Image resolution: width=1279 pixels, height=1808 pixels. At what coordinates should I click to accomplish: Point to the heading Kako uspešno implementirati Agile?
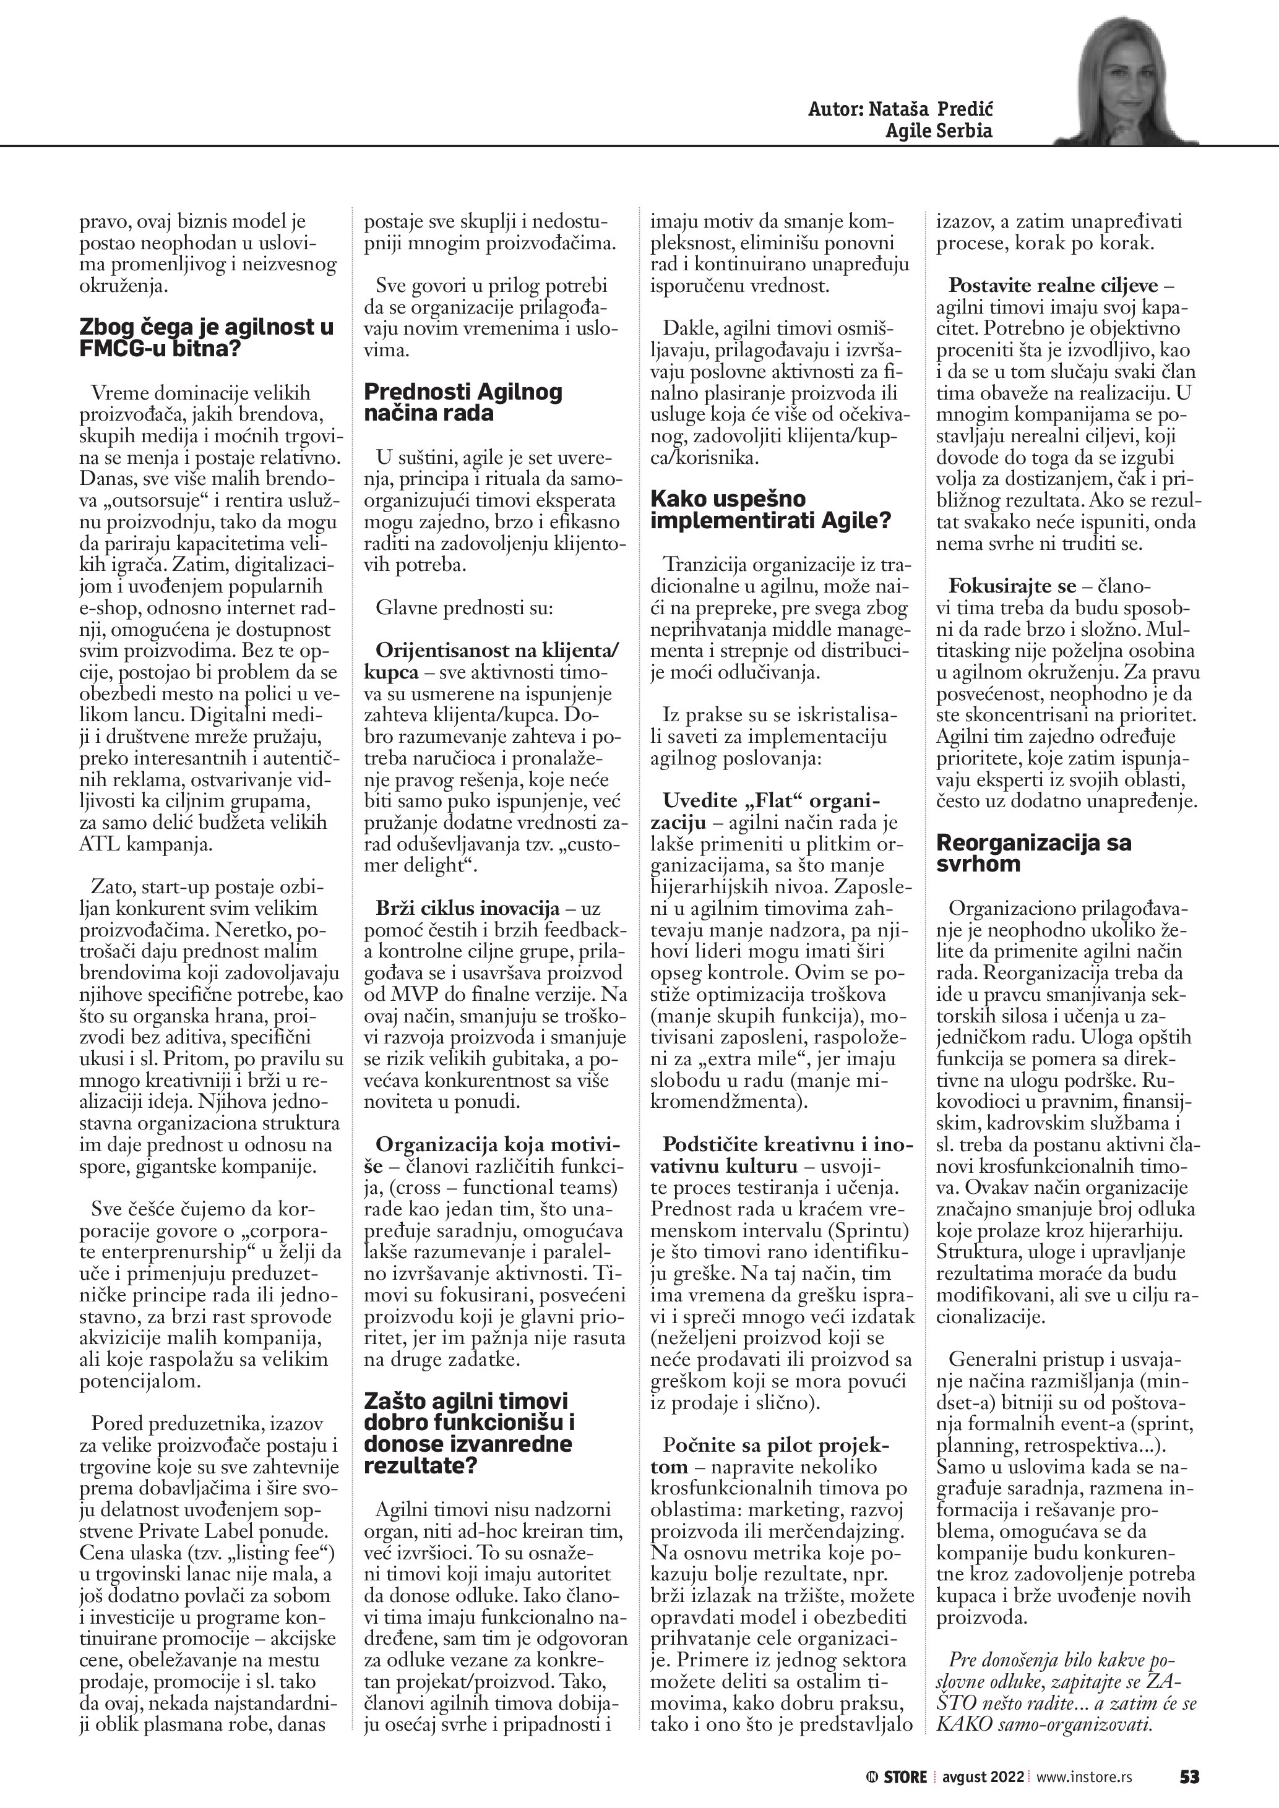(x=770, y=510)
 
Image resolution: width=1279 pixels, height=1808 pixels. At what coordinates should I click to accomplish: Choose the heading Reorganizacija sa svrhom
(x=1033, y=853)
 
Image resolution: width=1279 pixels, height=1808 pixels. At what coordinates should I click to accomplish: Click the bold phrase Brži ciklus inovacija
(x=468, y=909)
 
